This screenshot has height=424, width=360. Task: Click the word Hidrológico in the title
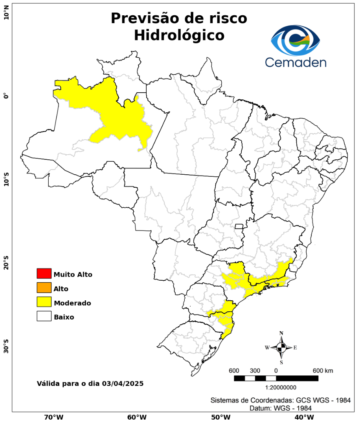(x=179, y=35)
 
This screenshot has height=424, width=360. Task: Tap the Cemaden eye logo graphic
(x=295, y=40)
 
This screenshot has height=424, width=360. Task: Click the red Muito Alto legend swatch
(x=44, y=274)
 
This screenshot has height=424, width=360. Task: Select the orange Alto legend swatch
(x=44, y=288)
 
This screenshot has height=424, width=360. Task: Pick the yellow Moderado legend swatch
(x=44, y=302)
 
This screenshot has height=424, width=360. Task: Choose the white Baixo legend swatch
(x=44, y=316)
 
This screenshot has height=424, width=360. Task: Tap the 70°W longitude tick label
(x=53, y=417)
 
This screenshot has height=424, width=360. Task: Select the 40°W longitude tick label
(x=303, y=417)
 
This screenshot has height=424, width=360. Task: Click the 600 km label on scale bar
(x=323, y=371)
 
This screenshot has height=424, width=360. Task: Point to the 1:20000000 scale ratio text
(x=281, y=387)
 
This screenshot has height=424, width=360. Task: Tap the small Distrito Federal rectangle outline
(x=239, y=226)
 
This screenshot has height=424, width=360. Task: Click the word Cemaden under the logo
(x=295, y=62)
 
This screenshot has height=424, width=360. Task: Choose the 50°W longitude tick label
(x=220, y=417)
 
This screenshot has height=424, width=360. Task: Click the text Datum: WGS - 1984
(x=281, y=408)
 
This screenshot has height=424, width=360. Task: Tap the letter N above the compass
(x=281, y=333)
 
